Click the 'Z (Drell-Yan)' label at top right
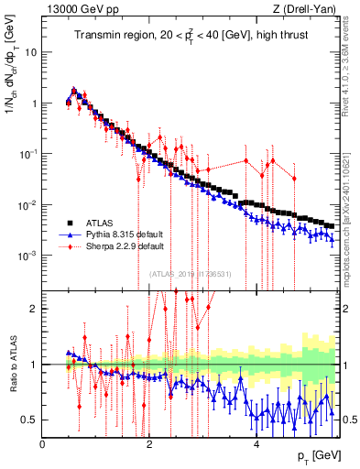tap(307, 9)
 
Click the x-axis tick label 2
tap(149, 444)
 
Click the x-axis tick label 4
tap(256, 444)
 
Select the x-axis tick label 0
tap(43, 444)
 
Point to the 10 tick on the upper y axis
tap(29, 52)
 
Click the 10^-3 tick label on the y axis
tap(27, 255)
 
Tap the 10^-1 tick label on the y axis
tap(27, 154)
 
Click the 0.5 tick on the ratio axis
tap(30, 420)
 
